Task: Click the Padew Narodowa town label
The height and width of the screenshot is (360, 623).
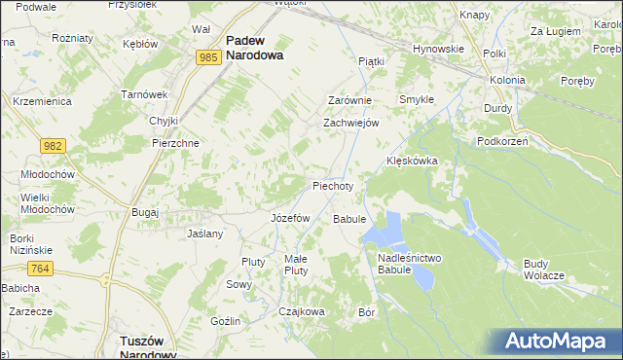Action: [254, 49]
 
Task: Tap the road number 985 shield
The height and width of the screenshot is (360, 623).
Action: [206, 58]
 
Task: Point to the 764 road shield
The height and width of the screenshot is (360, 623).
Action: [40, 269]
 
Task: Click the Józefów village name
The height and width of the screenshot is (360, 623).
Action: [289, 218]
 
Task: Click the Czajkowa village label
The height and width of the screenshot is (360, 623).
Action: [301, 311]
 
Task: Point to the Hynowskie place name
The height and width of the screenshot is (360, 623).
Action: [437, 48]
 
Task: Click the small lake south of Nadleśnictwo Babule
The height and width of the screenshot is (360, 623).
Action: [422, 279]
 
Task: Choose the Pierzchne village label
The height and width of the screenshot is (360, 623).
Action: [175, 142]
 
